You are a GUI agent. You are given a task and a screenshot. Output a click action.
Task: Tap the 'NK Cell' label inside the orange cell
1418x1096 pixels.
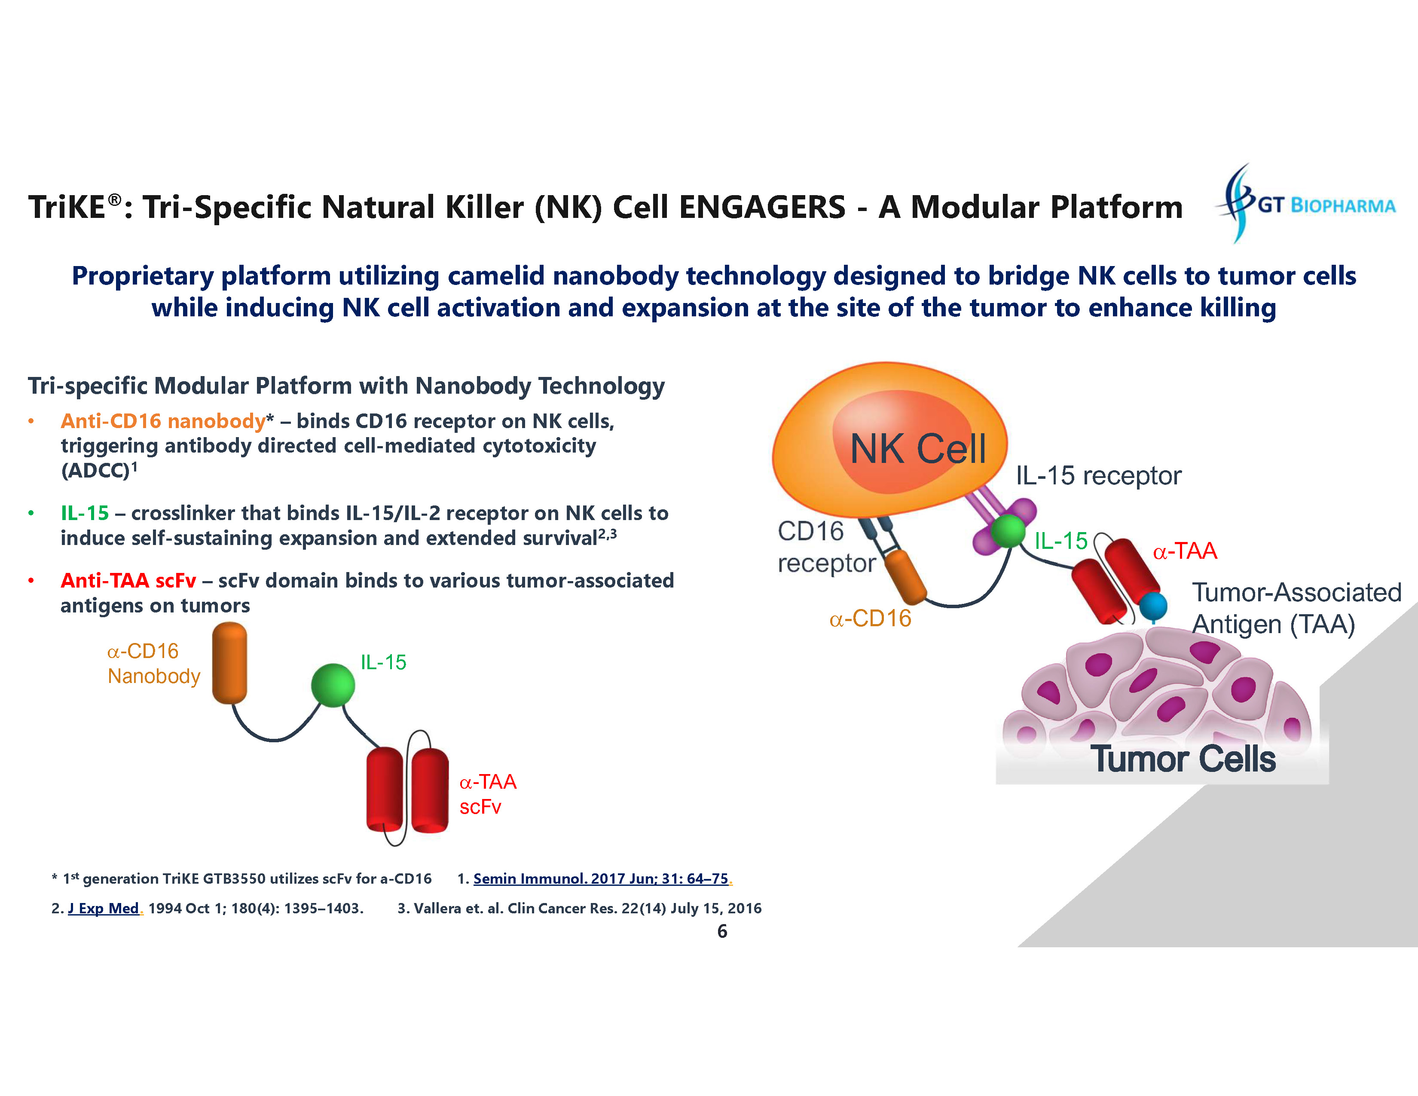[917, 449]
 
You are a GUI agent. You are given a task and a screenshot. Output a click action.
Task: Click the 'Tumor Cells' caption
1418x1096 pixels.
[1183, 759]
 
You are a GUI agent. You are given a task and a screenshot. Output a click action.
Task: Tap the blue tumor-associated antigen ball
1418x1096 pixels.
[1153, 606]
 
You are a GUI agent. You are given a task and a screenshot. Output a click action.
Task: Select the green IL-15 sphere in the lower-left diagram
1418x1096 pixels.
[333, 685]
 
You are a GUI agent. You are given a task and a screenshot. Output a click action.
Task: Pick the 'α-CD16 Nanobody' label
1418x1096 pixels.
[153, 664]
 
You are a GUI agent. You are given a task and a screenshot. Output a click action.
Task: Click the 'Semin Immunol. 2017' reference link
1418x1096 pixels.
[601, 879]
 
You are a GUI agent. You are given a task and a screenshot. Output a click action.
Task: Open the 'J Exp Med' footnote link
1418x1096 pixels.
[104, 908]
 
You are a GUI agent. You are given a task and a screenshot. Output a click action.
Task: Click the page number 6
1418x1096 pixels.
[722, 932]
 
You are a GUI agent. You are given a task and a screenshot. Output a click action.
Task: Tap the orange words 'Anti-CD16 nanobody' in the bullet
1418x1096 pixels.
[163, 421]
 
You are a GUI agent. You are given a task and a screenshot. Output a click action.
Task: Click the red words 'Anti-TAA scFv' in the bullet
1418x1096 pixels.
[128, 581]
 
